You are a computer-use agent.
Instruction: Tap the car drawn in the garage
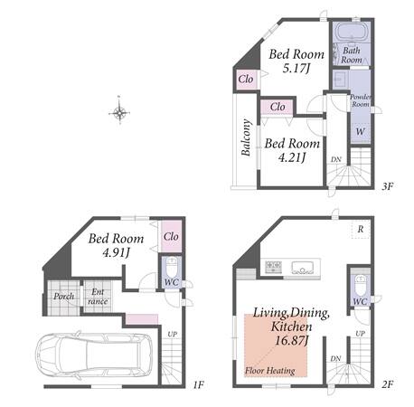(x=94, y=355)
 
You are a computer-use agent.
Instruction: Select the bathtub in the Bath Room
(x=352, y=31)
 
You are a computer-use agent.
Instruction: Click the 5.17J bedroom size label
(x=296, y=69)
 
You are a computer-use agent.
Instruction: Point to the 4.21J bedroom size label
(x=292, y=157)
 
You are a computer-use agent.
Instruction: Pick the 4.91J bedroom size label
(x=116, y=252)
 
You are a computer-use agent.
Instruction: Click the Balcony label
(x=246, y=137)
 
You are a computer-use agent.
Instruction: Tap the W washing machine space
(x=360, y=132)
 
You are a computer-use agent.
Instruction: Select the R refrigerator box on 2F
(x=361, y=229)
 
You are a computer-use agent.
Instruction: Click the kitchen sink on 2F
(x=303, y=268)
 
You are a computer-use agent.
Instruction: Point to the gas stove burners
(x=273, y=267)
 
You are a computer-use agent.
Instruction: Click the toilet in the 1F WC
(x=173, y=267)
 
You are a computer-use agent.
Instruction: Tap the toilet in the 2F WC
(x=361, y=286)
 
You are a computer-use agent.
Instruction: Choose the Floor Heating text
(x=270, y=371)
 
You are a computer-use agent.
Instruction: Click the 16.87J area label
(x=292, y=341)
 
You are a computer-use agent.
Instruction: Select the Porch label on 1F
(x=63, y=297)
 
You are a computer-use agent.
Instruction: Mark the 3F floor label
(x=388, y=186)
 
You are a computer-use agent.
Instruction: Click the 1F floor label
(x=199, y=384)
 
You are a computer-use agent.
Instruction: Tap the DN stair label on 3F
(x=336, y=159)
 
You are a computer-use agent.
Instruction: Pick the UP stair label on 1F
(x=173, y=334)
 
